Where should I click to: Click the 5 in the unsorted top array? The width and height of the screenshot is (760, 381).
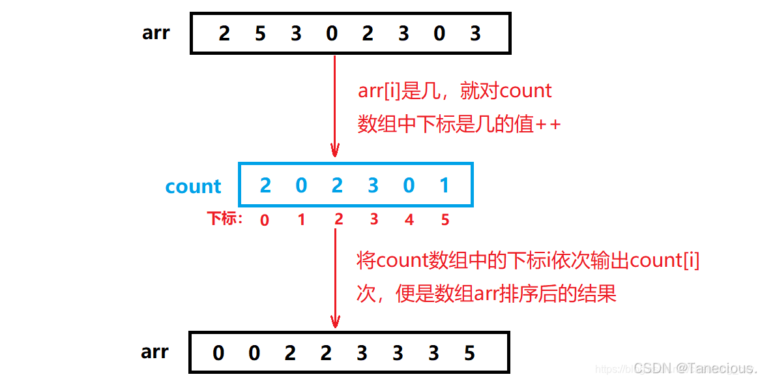[260, 33]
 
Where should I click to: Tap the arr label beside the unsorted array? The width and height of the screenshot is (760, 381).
[156, 33]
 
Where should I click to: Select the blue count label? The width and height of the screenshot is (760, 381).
[193, 187]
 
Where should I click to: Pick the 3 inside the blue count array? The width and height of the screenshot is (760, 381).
[373, 186]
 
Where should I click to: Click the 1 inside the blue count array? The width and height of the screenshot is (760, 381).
[445, 186]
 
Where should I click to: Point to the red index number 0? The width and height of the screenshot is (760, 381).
[265, 220]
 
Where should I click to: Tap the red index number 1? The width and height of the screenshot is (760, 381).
[301, 220]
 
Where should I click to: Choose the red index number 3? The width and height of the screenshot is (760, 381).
[373, 219]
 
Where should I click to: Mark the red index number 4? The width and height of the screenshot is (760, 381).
[409, 220]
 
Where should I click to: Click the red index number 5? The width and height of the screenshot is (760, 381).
[445, 220]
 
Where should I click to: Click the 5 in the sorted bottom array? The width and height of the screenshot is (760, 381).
[469, 354]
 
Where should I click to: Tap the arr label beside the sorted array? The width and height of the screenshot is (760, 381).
[154, 352]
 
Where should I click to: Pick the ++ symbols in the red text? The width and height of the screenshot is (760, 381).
[548, 125]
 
